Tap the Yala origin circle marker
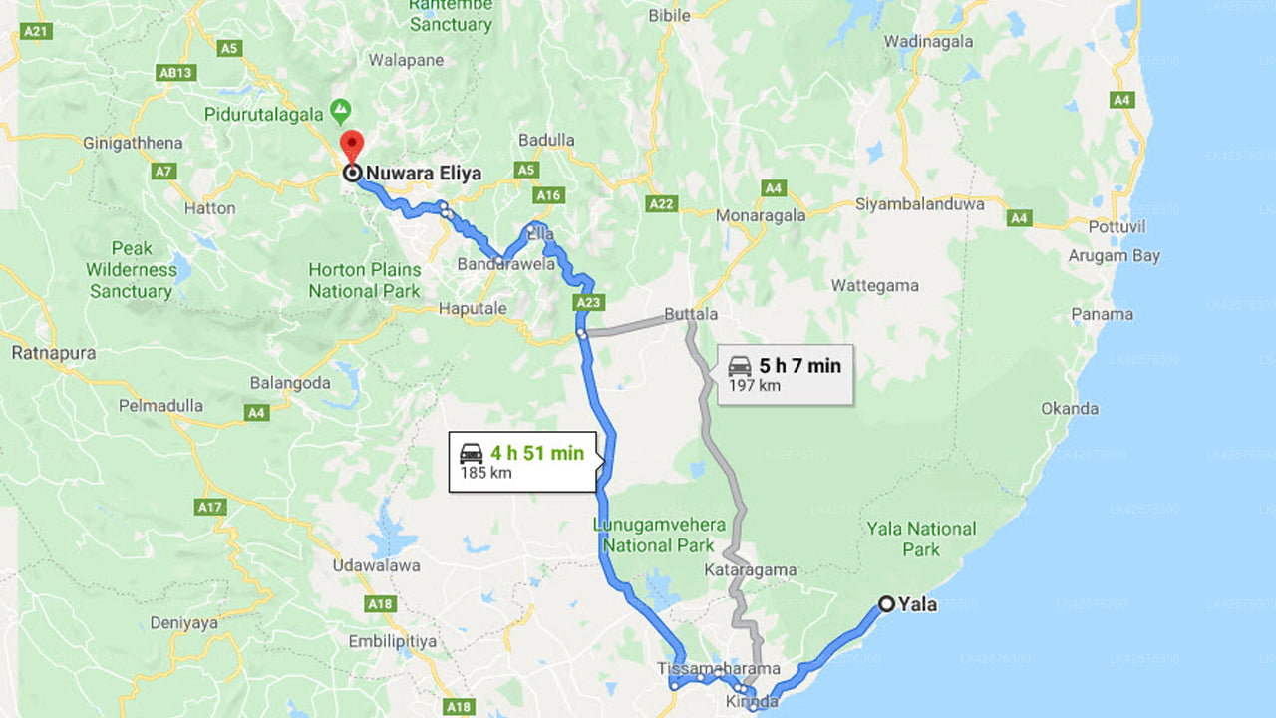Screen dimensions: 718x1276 tap(886, 603)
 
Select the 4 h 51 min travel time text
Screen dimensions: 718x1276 tap(536, 453)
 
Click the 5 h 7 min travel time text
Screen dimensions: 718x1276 tap(799, 366)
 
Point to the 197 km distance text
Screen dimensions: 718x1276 tap(755, 386)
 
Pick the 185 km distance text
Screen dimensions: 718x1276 tap(485, 473)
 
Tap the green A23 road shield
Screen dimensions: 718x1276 tap(589, 302)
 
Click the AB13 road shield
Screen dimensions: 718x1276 tap(175, 72)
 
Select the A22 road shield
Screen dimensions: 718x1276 tap(661, 204)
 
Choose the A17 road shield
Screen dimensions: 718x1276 tap(209, 508)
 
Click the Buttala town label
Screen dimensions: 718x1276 tap(691, 314)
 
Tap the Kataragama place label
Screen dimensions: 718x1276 tap(751, 570)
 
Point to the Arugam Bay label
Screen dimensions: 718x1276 tap(1115, 256)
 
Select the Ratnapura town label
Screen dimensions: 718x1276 tap(54, 353)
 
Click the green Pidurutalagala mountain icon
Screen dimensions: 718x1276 tap(341, 108)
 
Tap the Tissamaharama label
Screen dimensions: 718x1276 tap(719, 668)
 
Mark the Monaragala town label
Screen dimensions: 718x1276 tap(760, 213)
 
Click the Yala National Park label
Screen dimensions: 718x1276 tap(921, 538)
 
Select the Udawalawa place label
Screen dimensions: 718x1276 tap(376, 565)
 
